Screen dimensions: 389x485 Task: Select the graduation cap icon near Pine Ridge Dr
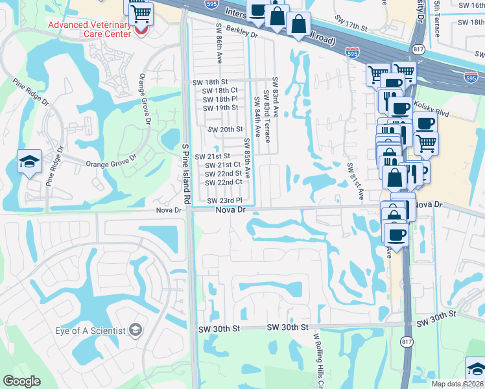pyautogui.click(x=29, y=161)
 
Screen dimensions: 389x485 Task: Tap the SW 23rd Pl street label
pyautogui.click(x=224, y=201)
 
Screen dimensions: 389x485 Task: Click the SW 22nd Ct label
pyautogui.click(x=224, y=182)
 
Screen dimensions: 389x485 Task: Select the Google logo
pyautogui.click(x=21, y=381)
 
